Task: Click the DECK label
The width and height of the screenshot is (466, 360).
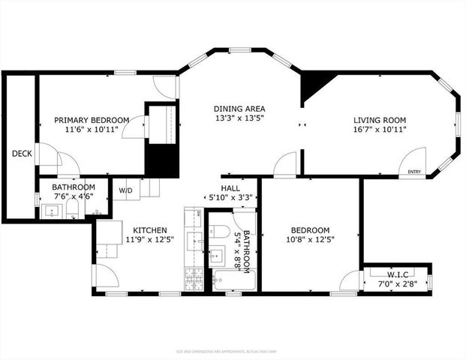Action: pyautogui.click(x=21, y=154)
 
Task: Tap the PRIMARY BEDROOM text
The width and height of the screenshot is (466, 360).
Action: pyautogui.click(x=92, y=120)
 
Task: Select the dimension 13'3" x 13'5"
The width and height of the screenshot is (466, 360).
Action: pyautogui.click(x=239, y=118)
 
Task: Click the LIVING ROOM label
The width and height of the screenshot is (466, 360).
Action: pyautogui.click(x=380, y=120)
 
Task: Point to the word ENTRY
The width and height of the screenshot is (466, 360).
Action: pyautogui.click(x=414, y=172)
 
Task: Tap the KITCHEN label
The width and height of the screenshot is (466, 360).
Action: pyautogui.click(x=150, y=230)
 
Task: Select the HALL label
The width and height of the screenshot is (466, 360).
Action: pyautogui.click(x=230, y=187)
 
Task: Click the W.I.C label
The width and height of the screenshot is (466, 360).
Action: pyautogui.click(x=397, y=274)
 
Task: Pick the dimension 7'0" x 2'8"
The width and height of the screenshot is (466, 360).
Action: pyautogui.click(x=397, y=284)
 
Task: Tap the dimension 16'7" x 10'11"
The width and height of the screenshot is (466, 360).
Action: pyautogui.click(x=380, y=130)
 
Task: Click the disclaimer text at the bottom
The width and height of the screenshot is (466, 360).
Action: pyautogui.click(x=233, y=350)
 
